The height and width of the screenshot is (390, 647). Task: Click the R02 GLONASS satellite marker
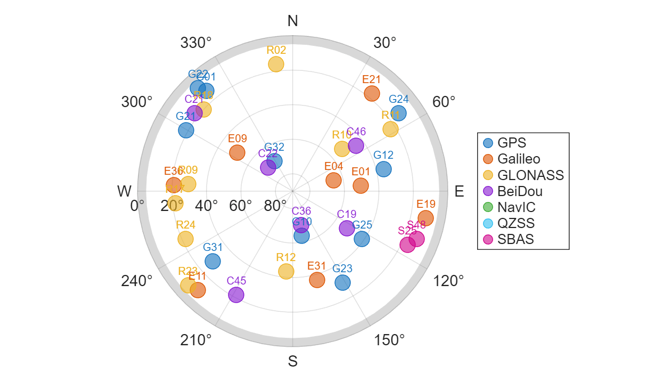tap(276, 64)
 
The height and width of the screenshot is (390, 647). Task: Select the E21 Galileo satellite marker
tap(372, 93)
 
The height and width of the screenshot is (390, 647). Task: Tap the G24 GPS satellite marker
tap(398, 113)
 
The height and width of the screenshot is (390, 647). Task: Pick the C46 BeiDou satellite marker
tap(356, 145)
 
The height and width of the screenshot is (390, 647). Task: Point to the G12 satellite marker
tap(383, 169)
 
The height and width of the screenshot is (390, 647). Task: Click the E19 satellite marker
tap(425, 217)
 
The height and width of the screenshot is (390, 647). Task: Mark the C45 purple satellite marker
tap(236, 295)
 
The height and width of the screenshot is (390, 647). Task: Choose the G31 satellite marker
tap(213, 261)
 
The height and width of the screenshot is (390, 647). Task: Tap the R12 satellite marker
tap(286, 271)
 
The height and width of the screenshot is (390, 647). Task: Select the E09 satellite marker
tap(237, 152)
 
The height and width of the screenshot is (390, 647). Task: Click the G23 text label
tap(342, 269)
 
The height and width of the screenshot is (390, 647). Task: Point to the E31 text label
tap(316, 265)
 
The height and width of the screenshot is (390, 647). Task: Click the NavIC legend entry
tap(517, 207)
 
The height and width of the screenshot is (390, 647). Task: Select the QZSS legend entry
tap(516, 223)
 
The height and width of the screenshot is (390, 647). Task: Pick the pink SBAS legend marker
tap(488, 239)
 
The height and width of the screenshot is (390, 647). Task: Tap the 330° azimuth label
tap(196, 42)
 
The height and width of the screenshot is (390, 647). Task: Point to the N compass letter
tap(293, 21)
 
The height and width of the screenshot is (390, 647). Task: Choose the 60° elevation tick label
tap(241, 205)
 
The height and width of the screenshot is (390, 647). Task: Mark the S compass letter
tap(293, 361)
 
